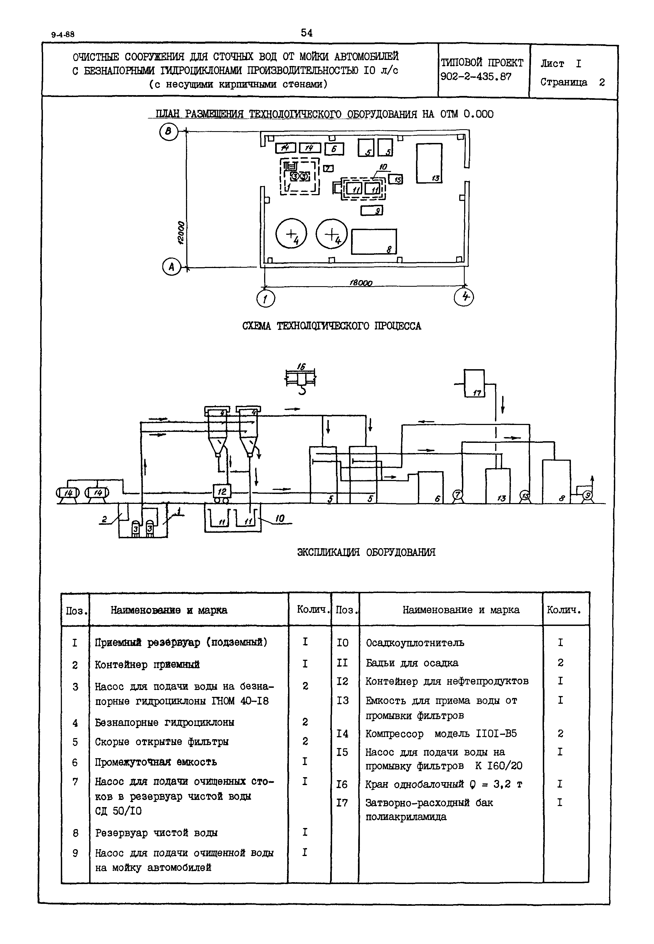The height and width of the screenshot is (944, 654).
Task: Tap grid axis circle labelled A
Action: [x=171, y=267]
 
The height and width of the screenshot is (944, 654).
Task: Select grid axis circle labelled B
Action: [x=168, y=132]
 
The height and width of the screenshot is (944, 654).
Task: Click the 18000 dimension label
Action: [x=361, y=283]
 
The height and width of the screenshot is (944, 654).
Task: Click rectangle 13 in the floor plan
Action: [x=429, y=163]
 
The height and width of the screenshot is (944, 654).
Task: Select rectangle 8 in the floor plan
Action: [x=374, y=242]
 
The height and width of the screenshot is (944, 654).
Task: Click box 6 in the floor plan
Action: [x=334, y=149]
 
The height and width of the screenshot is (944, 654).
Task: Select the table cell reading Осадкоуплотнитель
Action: [x=415, y=643]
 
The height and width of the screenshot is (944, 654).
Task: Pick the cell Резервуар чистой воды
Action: [x=156, y=833]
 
